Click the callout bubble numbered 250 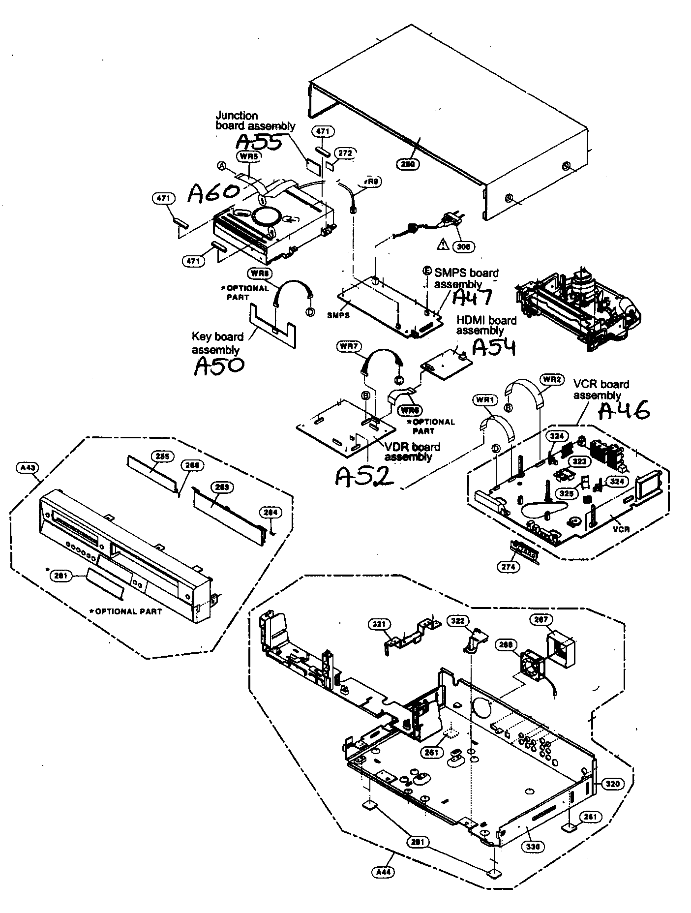coord(408,164)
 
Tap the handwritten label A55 coord(259,142)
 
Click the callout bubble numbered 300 coord(463,246)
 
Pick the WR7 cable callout coord(348,346)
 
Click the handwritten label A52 coord(364,475)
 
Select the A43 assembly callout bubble coord(27,468)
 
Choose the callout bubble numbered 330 coord(533,846)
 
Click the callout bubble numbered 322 coord(457,621)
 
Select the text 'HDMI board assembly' coord(486,325)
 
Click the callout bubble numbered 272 coord(345,153)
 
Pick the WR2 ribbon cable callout coord(551,379)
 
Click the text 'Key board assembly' coord(217,343)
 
